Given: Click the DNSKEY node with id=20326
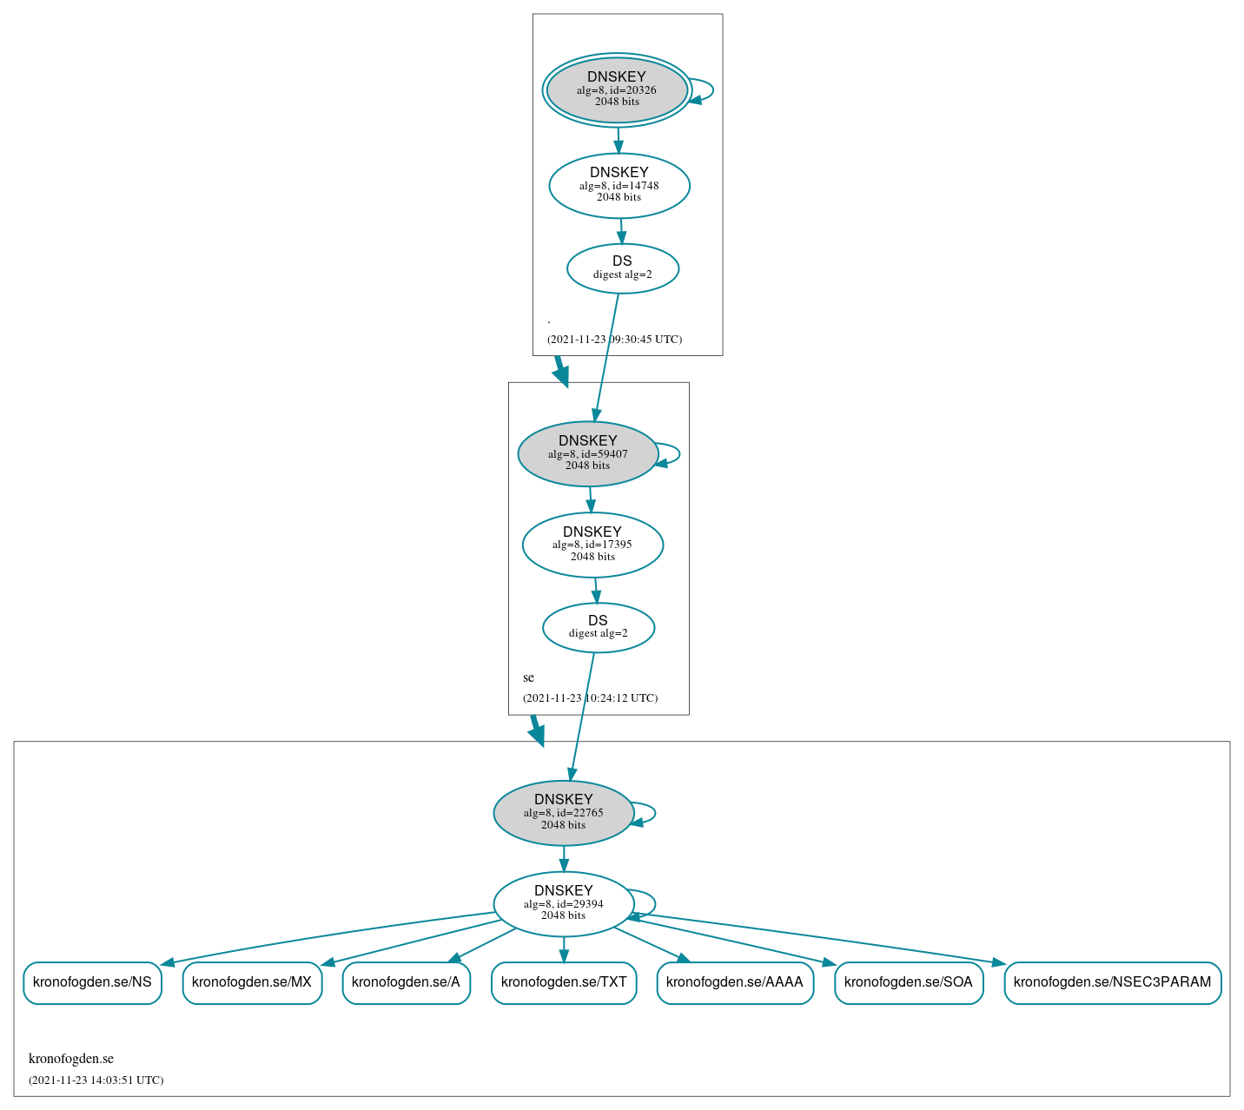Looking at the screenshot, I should point(617,89).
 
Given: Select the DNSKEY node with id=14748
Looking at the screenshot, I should point(619,185).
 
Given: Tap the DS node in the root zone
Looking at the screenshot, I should point(623,268).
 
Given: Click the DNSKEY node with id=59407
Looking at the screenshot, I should point(588,453).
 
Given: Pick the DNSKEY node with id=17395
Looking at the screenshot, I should point(592,545).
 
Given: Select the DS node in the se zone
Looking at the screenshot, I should point(599,627).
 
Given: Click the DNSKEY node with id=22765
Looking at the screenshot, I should point(564,813).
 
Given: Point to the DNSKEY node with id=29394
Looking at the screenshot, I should point(564,903).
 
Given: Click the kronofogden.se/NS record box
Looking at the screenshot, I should point(92,982).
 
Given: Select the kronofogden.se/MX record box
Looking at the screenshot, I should point(252,982).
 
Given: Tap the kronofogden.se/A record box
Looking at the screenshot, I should point(407,982).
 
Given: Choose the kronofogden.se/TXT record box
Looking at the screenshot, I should point(564,982).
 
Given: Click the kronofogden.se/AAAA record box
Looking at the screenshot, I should point(735,982).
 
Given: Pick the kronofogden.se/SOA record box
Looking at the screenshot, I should point(909,982).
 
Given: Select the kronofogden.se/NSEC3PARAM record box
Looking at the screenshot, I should point(1113,982).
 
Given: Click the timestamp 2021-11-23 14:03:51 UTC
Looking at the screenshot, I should point(96,1080).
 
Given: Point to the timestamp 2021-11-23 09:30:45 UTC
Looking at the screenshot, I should point(614,340).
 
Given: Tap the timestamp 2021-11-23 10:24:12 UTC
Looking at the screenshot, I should point(590,698).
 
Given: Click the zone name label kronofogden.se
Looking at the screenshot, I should point(71,1059).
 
